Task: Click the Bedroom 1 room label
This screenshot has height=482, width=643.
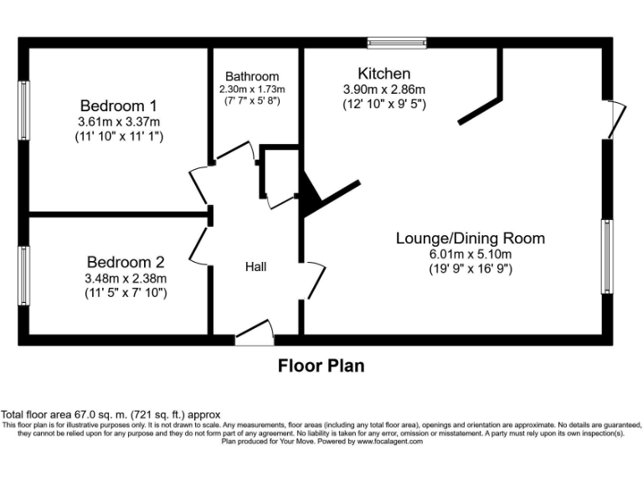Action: click(118, 106)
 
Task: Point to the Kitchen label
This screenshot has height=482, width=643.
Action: click(384, 74)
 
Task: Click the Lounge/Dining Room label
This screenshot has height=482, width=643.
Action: click(470, 238)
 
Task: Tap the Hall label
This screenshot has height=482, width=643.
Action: click(255, 267)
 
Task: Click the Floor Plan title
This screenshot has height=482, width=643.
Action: click(321, 366)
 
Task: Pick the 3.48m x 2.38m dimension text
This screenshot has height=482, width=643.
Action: click(126, 279)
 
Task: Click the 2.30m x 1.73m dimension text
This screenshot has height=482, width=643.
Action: click(252, 90)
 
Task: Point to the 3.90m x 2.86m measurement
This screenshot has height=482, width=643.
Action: click(384, 90)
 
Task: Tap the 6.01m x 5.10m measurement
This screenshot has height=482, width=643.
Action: click(470, 254)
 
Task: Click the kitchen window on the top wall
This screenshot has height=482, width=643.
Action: click(397, 42)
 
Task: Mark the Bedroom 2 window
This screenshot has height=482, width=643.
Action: click(25, 276)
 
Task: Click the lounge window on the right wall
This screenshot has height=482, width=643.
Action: click(606, 257)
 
